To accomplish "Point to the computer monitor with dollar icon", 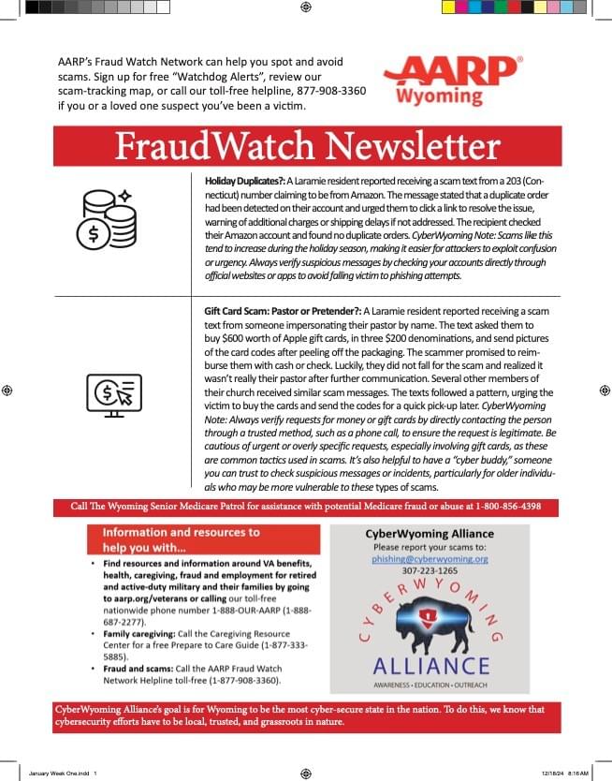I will (x=113, y=395).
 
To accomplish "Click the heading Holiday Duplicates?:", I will (x=244, y=179).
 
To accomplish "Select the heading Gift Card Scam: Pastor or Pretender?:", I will (x=282, y=310).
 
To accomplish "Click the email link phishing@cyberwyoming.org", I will (x=430, y=558).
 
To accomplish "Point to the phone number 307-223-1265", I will (x=430, y=570).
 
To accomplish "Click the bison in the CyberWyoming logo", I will (x=431, y=626).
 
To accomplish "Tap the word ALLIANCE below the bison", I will (x=430, y=666).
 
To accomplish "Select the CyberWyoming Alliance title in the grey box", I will (x=430, y=534).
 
